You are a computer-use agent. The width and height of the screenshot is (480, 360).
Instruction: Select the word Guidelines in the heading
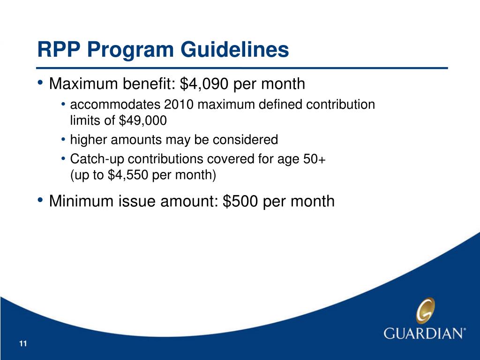click(234, 49)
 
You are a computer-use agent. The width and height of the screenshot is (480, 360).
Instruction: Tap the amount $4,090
click(204, 84)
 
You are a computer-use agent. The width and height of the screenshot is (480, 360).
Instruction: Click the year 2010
click(179, 105)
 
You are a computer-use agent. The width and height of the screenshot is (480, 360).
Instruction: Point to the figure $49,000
click(142, 120)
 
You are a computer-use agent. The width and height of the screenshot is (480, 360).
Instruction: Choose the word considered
click(245, 140)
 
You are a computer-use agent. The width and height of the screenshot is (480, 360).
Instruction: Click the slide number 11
click(23, 344)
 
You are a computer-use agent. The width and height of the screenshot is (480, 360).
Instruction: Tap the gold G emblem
click(426, 310)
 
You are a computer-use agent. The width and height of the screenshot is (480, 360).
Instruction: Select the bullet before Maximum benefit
click(40, 83)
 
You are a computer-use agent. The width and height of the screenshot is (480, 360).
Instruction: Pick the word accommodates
click(115, 105)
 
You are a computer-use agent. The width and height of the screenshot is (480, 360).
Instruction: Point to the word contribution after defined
click(340, 105)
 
